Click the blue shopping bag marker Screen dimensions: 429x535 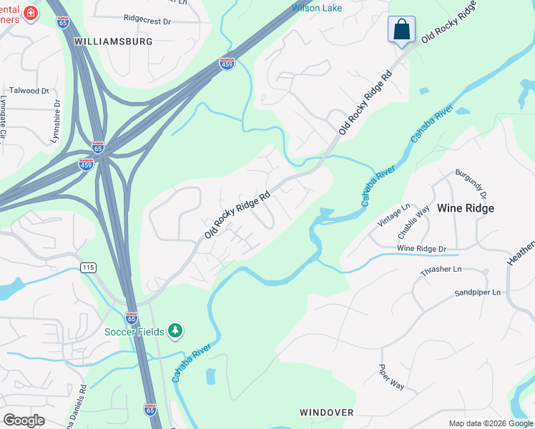(402, 30)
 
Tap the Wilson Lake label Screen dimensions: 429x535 (317, 8)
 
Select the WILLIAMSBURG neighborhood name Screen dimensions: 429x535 (114, 41)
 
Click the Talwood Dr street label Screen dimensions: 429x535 (29, 91)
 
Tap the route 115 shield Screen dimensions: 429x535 (88, 267)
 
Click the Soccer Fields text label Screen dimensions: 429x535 (134, 332)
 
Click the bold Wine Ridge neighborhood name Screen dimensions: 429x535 (466, 208)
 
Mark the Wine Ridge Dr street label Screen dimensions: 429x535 (421, 248)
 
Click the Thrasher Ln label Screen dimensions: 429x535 (441, 272)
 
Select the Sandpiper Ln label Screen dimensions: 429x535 (478, 293)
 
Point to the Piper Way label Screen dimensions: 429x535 (391, 377)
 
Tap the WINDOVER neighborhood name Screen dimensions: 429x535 (327, 413)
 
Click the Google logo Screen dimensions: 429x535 (24, 420)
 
